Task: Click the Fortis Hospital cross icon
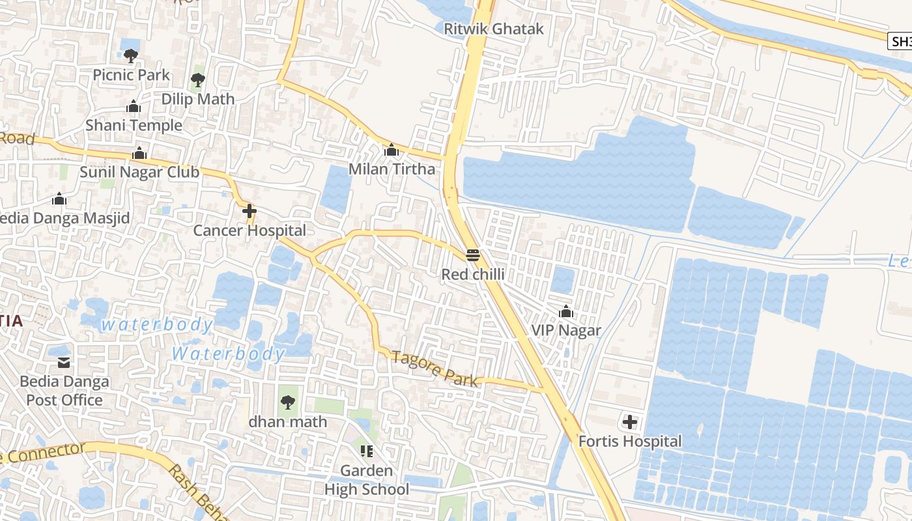pyautogui.click(x=629, y=422)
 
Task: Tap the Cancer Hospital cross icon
pyautogui.click(x=249, y=212)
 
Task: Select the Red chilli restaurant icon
pyautogui.click(x=473, y=255)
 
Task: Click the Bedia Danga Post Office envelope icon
pyautogui.click(x=64, y=361)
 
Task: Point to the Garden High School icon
pyautogui.click(x=367, y=451)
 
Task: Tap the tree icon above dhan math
pyautogui.click(x=287, y=402)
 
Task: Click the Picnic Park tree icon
pyautogui.click(x=131, y=56)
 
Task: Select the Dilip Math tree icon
pyautogui.click(x=198, y=80)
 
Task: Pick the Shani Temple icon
pyautogui.click(x=134, y=106)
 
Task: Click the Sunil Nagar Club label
pyautogui.click(x=139, y=172)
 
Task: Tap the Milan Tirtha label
pyautogui.click(x=392, y=169)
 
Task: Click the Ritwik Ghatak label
pyautogui.click(x=493, y=29)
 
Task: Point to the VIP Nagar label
pyautogui.click(x=566, y=330)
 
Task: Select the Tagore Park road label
pyautogui.click(x=436, y=369)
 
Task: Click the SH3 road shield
pyautogui.click(x=900, y=42)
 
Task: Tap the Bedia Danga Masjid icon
pyautogui.click(x=59, y=199)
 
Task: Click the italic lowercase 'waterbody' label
pyautogui.click(x=158, y=324)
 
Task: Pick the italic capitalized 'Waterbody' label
pyautogui.click(x=228, y=354)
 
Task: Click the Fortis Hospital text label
pyautogui.click(x=630, y=442)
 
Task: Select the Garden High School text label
pyautogui.click(x=367, y=480)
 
